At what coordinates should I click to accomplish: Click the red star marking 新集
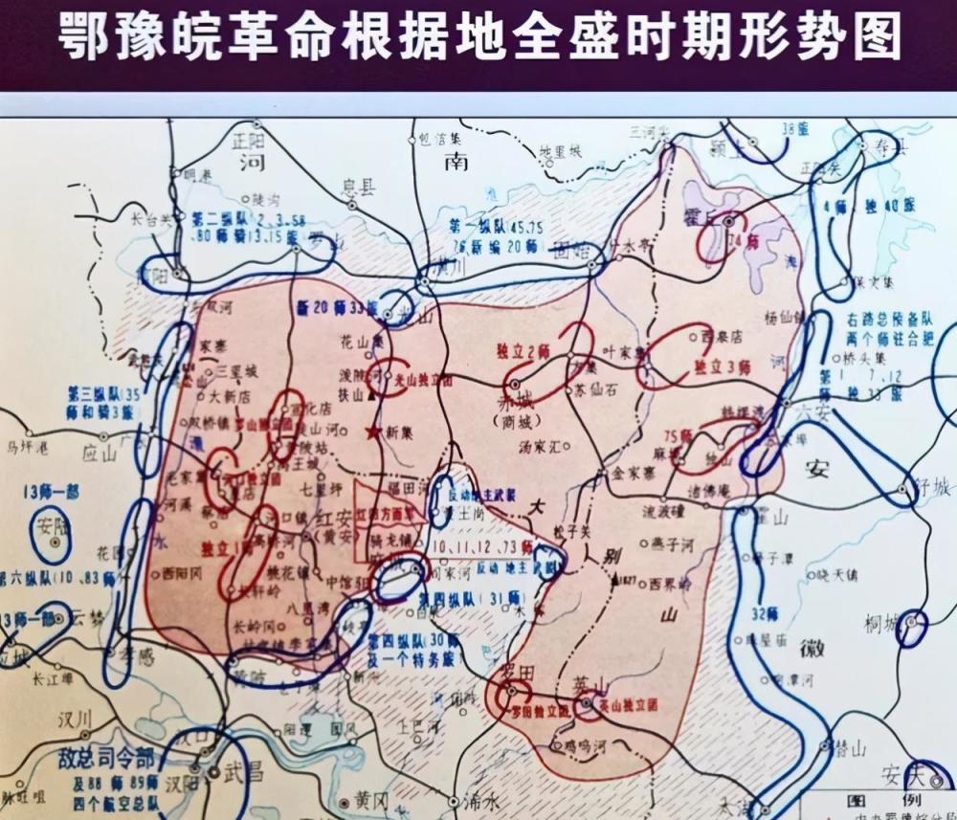coord(370,432)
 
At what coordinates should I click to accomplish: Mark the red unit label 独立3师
coord(722,366)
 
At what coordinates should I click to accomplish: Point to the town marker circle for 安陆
coord(56,543)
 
